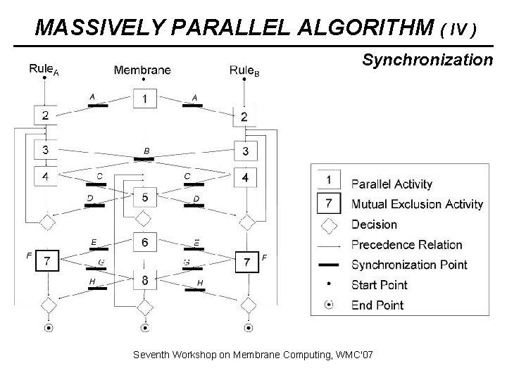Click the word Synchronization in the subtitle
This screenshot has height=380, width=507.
[427, 61]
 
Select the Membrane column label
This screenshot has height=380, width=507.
[142, 69]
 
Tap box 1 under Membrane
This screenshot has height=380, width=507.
[145, 99]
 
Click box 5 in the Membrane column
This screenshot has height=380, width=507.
[144, 198]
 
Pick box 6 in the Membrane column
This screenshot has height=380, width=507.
[144, 241]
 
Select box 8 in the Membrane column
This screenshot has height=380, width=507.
[144, 280]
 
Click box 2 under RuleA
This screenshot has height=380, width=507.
[44, 115]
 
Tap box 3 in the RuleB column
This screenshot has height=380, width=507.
[245, 151]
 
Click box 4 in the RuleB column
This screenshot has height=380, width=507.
[245, 179]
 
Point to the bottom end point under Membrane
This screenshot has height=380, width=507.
[145, 327]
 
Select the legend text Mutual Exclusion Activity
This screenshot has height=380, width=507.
[417, 205]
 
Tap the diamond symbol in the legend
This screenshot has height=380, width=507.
[330, 225]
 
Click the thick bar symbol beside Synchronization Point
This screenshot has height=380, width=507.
[330, 265]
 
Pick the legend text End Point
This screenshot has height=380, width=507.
[377, 305]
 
